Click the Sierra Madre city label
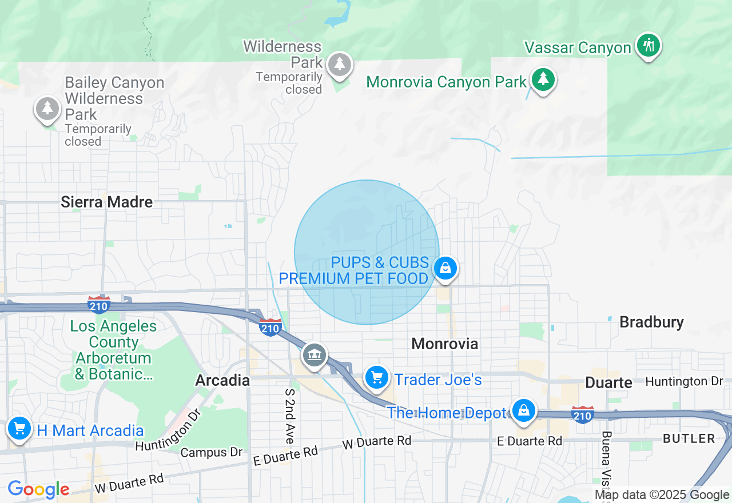click(x=107, y=202)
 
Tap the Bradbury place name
click(x=651, y=322)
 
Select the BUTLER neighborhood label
click(x=689, y=438)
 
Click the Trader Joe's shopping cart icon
click(x=377, y=378)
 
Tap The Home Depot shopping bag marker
click(x=523, y=410)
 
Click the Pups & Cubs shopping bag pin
click(x=445, y=268)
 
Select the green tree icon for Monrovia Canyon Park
click(x=543, y=79)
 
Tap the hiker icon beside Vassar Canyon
click(x=649, y=45)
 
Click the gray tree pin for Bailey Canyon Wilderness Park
click(x=47, y=107)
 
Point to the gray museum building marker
click(x=314, y=355)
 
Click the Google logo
click(x=38, y=489)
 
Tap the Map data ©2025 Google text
click(x=662, y=495)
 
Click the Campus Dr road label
click(x=211, y=453)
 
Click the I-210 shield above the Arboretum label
click(x=100, y=304)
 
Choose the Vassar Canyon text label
click(x=578, y=48)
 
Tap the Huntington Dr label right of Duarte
click(x=684, y=381)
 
